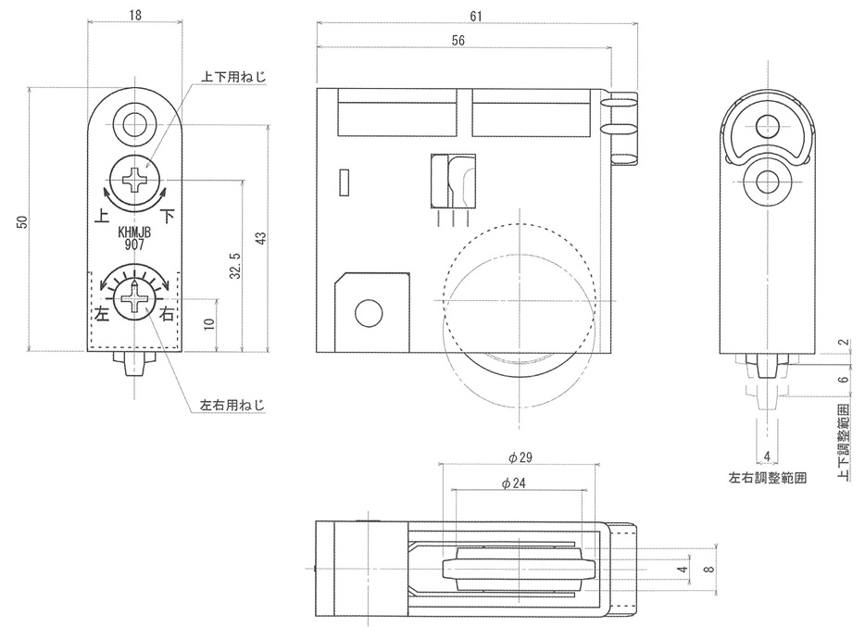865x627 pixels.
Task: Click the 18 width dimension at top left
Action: (x=135, y=15)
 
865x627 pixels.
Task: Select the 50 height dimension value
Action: (x=21, y=222)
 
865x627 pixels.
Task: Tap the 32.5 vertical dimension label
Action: (x=235, y=266)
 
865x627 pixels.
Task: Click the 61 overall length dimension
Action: (x=475, y=16)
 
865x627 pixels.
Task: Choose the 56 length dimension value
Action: (x=458, y=40)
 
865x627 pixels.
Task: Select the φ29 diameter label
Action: (x=520, y=458)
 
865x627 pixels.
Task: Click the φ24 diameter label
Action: (x=514, y=483)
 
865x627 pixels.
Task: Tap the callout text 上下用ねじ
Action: (x=233, y=77)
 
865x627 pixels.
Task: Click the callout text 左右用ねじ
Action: (x=232, y=406)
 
